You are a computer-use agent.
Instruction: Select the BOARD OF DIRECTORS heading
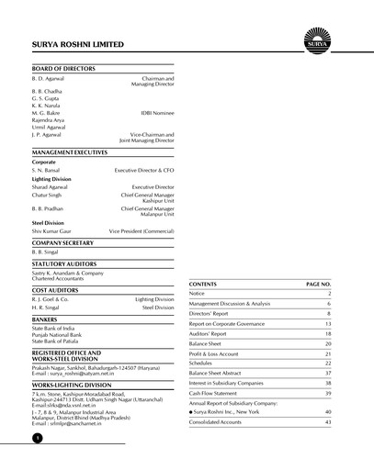[64, 70]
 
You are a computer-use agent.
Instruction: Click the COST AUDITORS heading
[60, 289]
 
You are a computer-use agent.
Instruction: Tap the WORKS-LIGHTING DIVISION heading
[77, 386]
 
